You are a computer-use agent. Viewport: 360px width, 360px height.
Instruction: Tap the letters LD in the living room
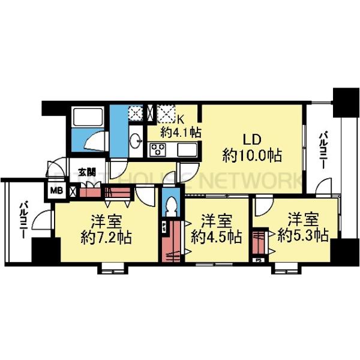coord(251,139)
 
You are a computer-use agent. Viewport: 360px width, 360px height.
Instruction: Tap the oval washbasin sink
coord(136,139)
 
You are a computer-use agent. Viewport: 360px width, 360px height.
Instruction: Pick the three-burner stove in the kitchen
coord(158,149)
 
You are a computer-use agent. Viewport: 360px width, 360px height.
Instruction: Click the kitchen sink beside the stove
coord(186,149)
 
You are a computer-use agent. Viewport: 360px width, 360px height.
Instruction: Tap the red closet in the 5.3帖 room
coord(260,242)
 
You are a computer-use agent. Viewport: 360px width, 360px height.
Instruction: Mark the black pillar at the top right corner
coord(346,103)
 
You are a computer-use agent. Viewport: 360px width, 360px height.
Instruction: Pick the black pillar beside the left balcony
coord(43,251)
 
